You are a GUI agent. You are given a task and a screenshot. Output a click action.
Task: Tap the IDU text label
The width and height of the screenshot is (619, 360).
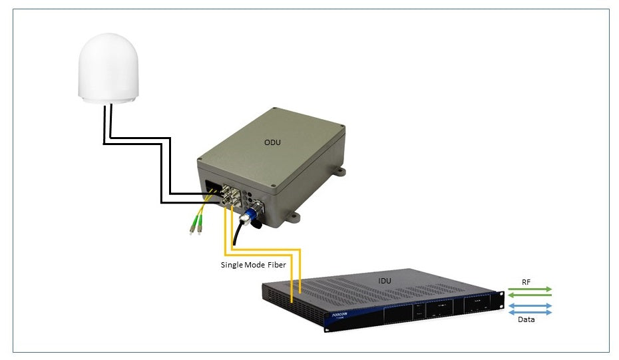tap(385, 281)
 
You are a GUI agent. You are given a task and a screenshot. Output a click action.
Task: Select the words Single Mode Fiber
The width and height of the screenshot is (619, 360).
tap(252, 264)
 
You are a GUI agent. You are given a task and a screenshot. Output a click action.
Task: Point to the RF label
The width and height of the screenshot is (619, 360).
tap(526, 282)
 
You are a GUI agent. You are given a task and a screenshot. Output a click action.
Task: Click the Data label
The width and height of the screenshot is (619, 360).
tap(527, 319)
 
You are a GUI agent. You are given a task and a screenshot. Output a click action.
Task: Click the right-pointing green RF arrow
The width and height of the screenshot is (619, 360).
tap(530, 289)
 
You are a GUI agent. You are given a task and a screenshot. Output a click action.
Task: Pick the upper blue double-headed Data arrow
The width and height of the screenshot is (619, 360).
tap(530, 306)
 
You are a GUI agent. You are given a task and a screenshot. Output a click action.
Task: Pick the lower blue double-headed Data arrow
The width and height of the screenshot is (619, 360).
tap(530, 312)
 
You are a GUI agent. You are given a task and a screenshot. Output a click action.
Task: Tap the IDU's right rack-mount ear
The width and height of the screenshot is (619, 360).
tap(499, 300)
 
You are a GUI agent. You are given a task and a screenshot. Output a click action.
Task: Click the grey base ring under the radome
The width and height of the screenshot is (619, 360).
tap(108, 100)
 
